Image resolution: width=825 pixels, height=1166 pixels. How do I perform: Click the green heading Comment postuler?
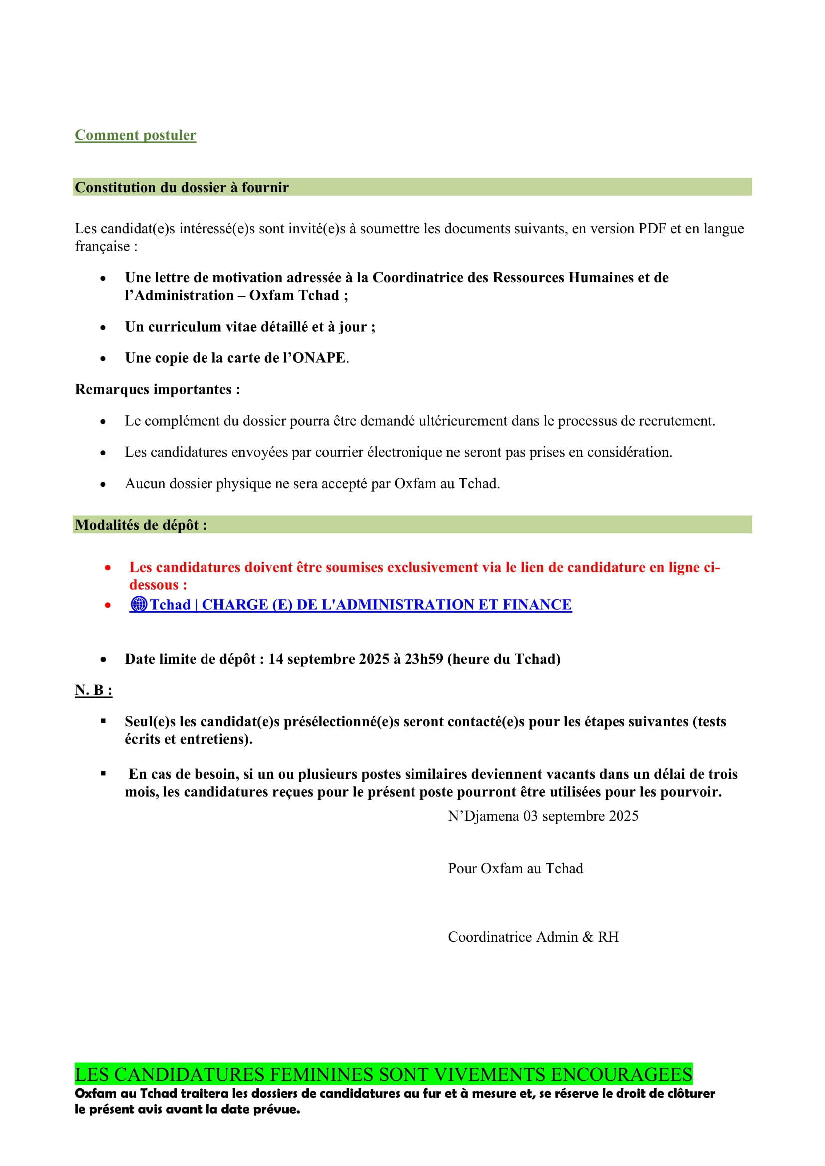[135, 135]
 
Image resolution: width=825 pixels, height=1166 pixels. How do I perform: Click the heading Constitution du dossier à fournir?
[182, 188]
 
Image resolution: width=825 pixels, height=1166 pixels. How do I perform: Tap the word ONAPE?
[319, 358]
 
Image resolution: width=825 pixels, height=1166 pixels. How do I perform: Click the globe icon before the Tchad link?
[139, 604]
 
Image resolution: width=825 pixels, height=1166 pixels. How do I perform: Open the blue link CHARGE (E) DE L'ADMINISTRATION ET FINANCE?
[386, 605]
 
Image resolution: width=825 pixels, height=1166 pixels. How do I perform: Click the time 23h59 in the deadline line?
[423, 659]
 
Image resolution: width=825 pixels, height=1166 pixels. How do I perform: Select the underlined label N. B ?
[93, 690]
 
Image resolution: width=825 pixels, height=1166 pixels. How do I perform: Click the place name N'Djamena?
[483, 816]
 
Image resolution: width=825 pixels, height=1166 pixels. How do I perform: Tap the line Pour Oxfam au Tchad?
[515, 869]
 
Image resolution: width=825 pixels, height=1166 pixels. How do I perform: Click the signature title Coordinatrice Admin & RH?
[533, 937]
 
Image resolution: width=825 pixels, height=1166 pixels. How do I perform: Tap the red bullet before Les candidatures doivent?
[108, 568]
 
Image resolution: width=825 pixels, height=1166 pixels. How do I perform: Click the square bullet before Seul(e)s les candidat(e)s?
[103, 721]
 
